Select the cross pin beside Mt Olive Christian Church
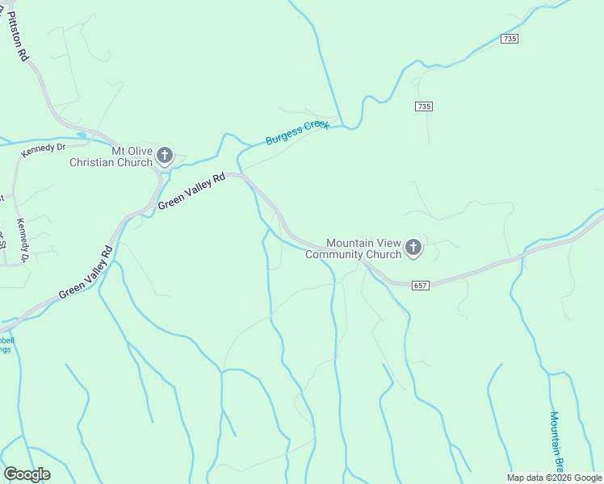pos(165,155)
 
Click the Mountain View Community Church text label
pos(363,248)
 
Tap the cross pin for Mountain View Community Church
pos(413,248)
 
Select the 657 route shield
pos(419,286)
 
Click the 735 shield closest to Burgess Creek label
pos(425,106)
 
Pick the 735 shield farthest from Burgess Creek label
pos(509,39)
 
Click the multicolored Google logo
pos(27,474)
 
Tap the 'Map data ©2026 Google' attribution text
pos(555,478)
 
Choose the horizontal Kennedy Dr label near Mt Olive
pos(43,148)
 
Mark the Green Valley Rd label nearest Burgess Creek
pos(191,191)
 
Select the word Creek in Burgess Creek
pos(316,127)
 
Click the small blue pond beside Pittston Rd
pos(81,135)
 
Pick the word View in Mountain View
pos(388,242)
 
